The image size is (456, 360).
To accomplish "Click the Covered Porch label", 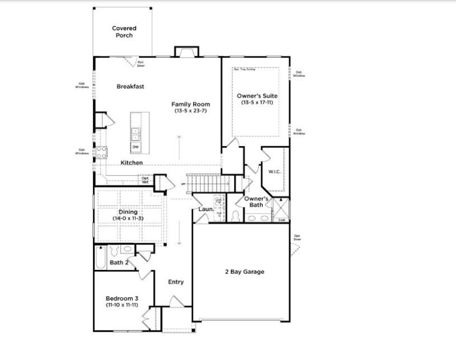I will [x=124, y=31].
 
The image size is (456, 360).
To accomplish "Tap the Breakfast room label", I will [x=130, y=87].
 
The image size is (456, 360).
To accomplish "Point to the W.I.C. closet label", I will [x=275, y=171].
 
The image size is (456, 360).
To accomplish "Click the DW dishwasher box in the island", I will [x=136, y=147].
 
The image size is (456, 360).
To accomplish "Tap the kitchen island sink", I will [x=136, y=134].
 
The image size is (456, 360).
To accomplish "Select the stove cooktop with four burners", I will [x=101, y=152].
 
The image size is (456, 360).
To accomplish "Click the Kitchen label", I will [x=131, y=163].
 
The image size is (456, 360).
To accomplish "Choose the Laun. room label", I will [x=205, y=209].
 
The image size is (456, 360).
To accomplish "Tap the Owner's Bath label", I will [x=256, y=202].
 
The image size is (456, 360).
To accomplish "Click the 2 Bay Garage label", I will [x=244, y=272].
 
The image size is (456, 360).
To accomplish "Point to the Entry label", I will [x=176, y=282].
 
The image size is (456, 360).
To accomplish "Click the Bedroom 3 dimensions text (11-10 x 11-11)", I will [x=121, y=305].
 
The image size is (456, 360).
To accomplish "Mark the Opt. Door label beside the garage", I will [x=297, y=237].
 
